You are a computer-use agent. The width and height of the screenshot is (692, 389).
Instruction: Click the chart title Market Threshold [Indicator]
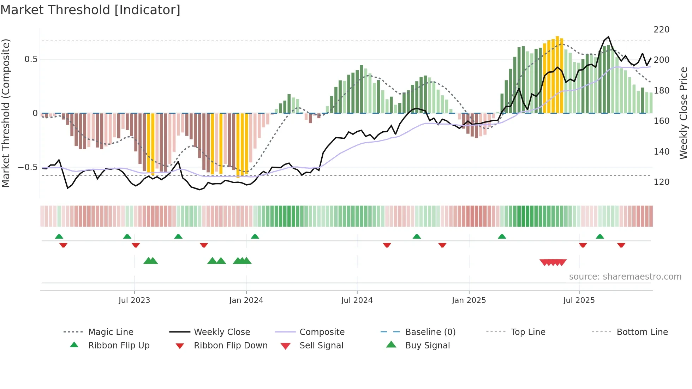[x=90, y=10]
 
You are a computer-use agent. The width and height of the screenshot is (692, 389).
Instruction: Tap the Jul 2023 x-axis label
[x=134, y=300]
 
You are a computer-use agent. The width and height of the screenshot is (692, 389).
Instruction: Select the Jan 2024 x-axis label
[x=246, y=300]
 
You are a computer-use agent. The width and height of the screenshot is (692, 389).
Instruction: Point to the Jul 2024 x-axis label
[x=357, y=300]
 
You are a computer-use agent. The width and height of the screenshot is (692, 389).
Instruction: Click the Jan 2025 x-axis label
[x=469, y=300]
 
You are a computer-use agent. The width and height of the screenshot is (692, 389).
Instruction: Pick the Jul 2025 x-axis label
[x=579, y=300]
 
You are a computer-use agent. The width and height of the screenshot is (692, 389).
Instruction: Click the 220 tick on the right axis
[x=661, y=30]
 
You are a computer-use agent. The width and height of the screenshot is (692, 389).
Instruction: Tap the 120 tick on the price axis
[x=661, y=182]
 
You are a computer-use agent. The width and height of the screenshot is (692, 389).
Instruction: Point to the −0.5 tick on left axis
[x=28, y=167]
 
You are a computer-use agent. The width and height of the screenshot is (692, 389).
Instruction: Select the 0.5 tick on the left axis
[x=31, y=59]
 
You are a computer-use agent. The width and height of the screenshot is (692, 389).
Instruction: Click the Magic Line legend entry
[x=111, y=332]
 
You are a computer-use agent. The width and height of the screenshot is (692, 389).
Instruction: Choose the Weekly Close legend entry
[x=222, y=332]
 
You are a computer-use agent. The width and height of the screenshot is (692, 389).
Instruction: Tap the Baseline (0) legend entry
[x=430, y=332]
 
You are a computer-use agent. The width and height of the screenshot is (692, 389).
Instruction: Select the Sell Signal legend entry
[x=321, y=346]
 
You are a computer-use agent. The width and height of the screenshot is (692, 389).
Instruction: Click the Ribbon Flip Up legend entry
[x=119, y=346]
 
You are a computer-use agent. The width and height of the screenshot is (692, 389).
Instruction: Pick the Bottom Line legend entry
[x=642, y=332]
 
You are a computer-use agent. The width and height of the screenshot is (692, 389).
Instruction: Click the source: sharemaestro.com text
[x=625, y=277]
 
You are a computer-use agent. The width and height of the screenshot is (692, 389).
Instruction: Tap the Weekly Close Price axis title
[x=684, y=113]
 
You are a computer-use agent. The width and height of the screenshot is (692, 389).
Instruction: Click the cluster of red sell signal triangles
[x=553, y=262]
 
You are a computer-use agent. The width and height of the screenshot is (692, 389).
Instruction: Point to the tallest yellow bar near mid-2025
[x=557, y=74]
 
